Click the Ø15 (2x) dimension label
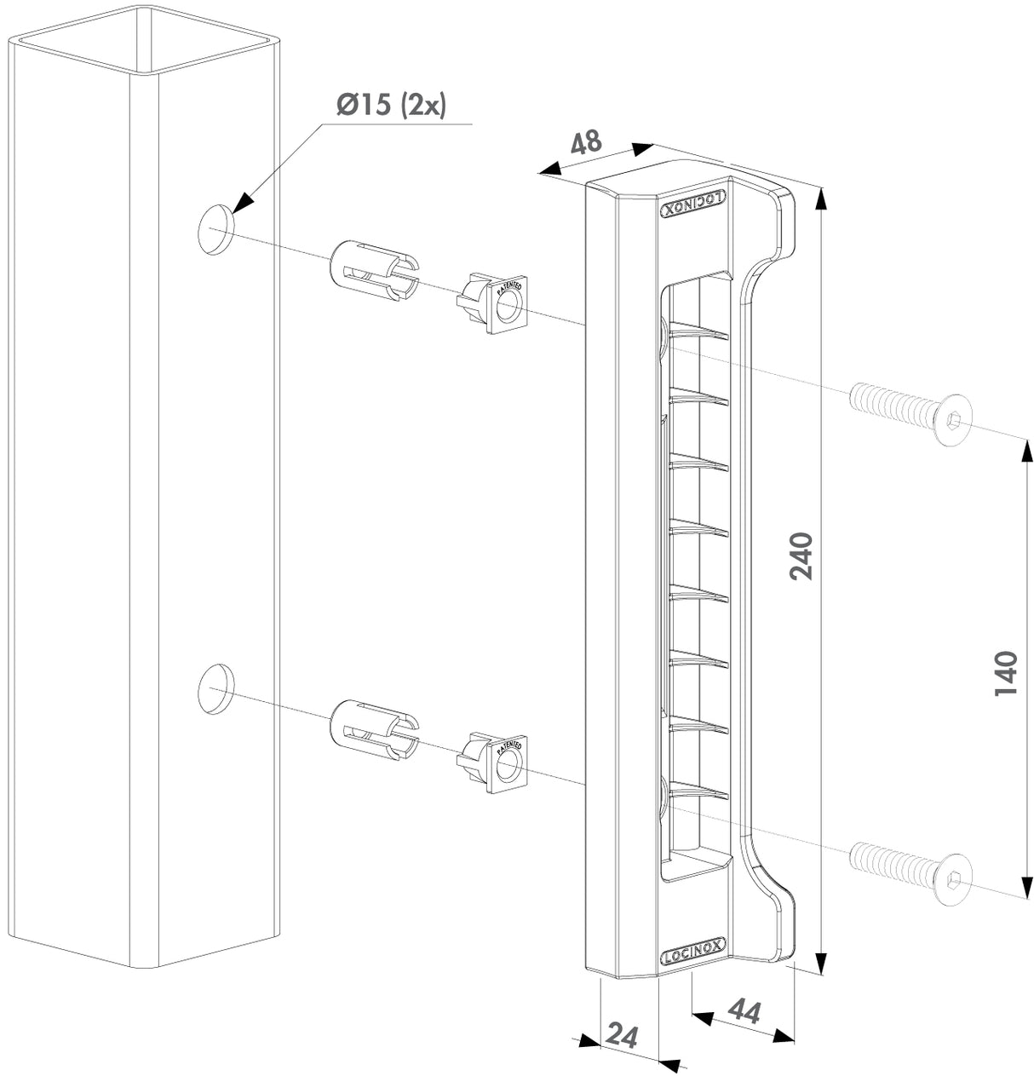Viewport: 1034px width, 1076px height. tap(391, 105)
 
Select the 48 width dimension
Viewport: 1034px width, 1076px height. tap(585, 142)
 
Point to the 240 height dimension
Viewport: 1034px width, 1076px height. tap(801, 556)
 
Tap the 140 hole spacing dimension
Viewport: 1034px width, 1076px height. tap(1006, 673)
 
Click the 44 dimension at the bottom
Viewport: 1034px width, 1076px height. tap(744, 1011)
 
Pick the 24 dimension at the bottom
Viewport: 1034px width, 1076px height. tap(622, 1035)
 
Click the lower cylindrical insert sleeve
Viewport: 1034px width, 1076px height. tap(372, 730)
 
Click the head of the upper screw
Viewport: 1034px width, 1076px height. tap(953, 421)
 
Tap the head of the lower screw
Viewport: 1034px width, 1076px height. tap(953, 880)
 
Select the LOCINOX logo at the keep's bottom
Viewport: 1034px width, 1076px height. tap(693, 951)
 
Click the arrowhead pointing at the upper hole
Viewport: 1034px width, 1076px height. tap(243, 202)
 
